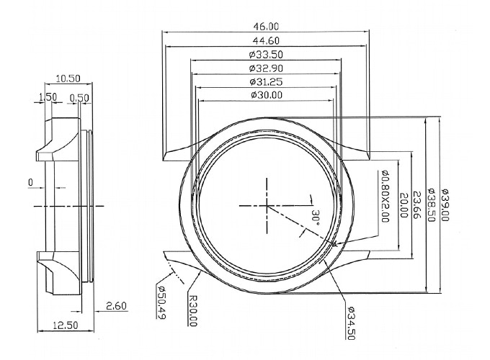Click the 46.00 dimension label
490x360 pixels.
coord(266,27)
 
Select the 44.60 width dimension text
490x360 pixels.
coord(266,41)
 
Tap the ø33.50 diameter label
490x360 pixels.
coord(266,55)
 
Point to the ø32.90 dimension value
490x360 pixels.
coord(266,68)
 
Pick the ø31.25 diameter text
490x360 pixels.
coord(266,82)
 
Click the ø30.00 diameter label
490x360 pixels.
coord(266,94)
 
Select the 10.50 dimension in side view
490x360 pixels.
coord(68,78)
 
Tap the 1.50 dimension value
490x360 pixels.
coord(48,97)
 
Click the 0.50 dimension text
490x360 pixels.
coord(79,99)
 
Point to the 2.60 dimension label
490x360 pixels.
coord(116,306)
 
